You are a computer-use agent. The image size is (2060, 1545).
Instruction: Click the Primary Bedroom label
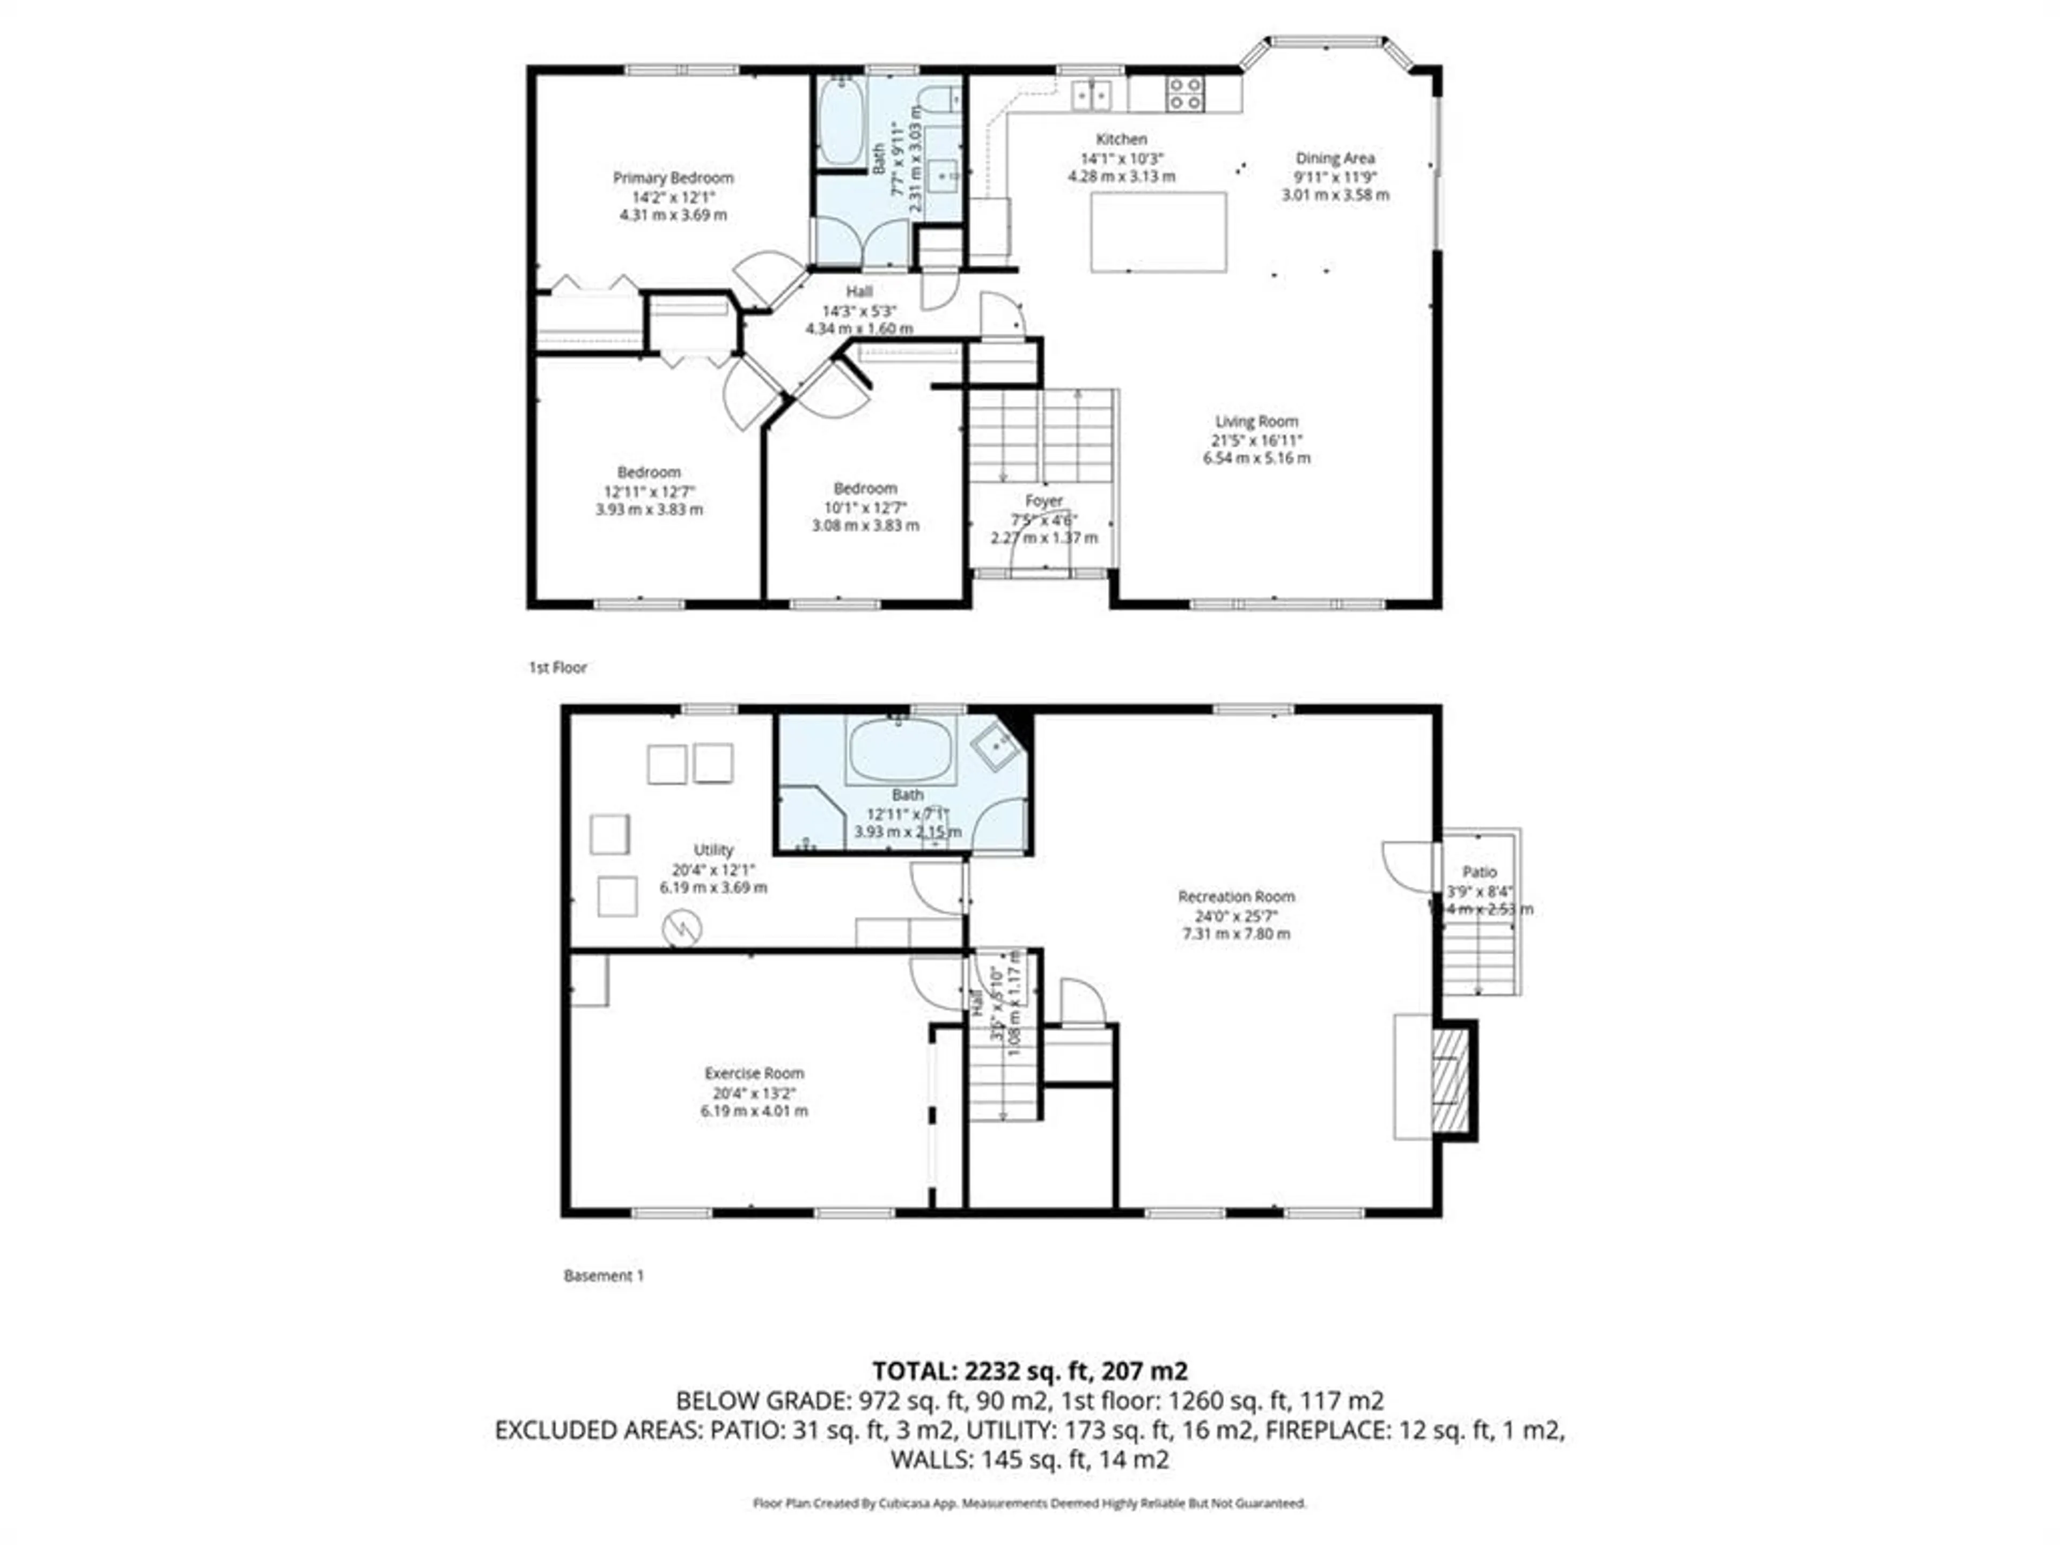click(x=672, y=177)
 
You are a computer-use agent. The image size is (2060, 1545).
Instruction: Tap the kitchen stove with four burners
click(x=1184, y=94)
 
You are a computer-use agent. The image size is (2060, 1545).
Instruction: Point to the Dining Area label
click(x=1335, y=158)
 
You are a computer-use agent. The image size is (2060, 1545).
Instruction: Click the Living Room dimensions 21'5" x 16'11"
click(x=1256, y=439)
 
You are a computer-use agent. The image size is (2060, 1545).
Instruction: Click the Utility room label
click(x=713, y=849)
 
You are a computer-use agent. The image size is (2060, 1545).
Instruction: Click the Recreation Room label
click(x=1236, y=896)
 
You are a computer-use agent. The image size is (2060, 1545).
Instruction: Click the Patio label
click(x=1479, y=872)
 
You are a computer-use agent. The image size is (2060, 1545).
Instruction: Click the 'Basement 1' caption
click(x=604, y=1275)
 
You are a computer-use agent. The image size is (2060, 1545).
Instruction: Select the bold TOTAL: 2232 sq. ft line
click(x=1029, y=1371)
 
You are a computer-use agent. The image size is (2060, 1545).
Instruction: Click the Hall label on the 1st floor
click(x=859, y=291)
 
